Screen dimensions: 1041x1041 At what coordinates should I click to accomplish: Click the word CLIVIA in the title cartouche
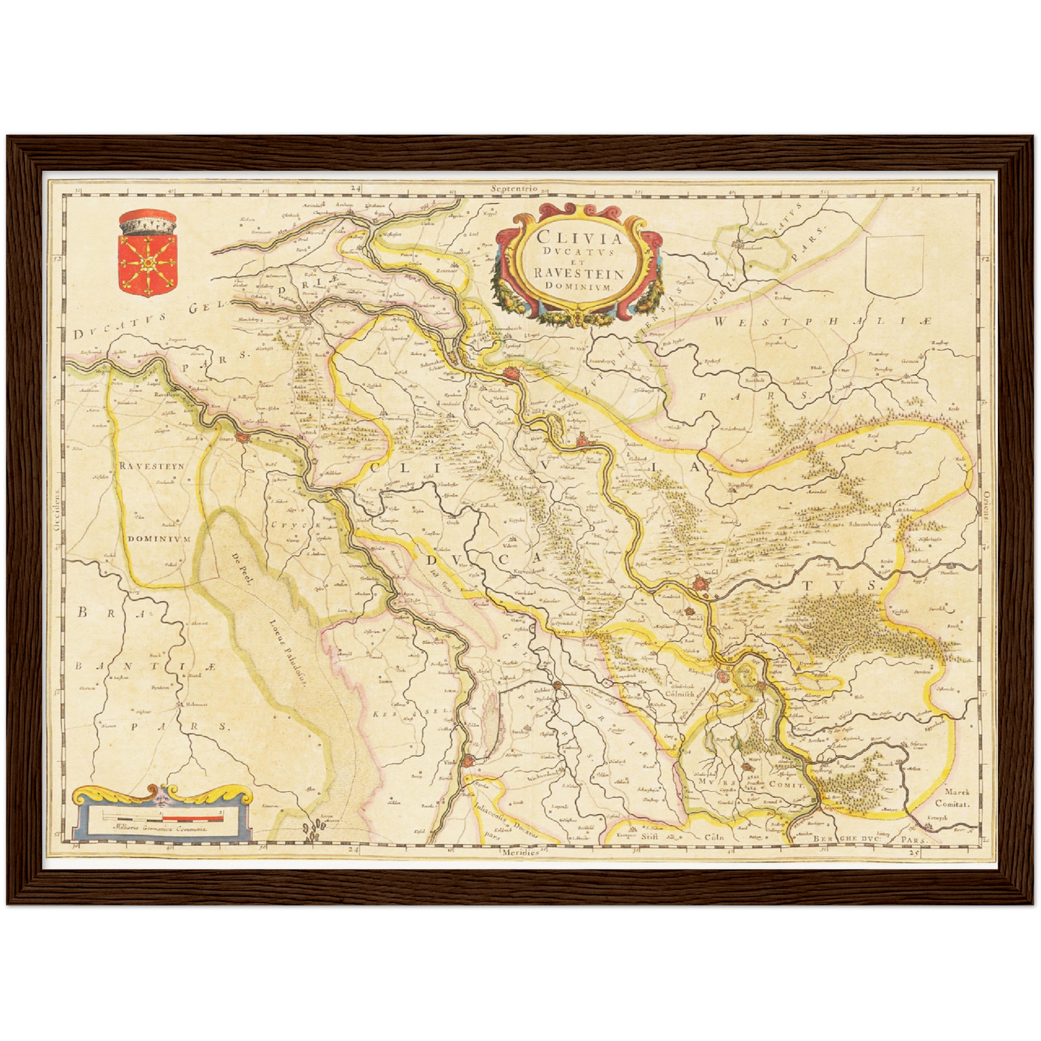click(x=568, y=237)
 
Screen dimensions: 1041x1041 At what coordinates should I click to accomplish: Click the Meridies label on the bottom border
click(x=521, y=852)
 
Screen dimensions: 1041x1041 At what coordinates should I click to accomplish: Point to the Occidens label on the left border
click(x=55, y=512)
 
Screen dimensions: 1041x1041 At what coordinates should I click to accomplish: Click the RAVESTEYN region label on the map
click(x=152, y=466)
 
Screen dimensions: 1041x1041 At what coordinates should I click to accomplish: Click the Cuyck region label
click(x=294, y=525)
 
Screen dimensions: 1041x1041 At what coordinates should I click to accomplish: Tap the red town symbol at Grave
click(x=245, y=439)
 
